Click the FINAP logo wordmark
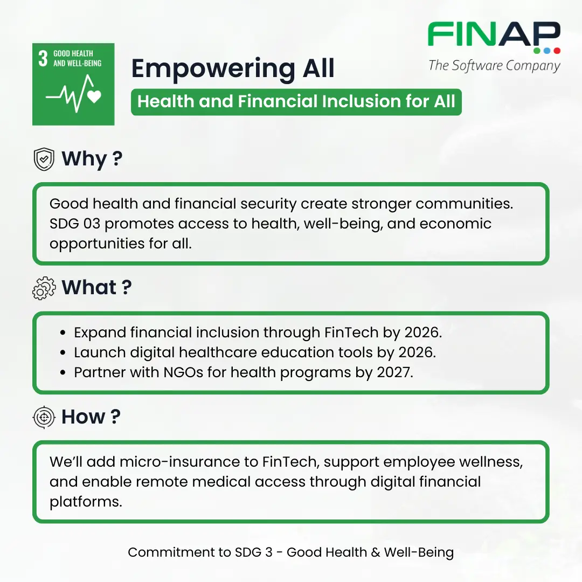pos(494,34)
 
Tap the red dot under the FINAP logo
pos(557,51)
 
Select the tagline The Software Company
pos(494,66)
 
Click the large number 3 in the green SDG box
pos(43,58)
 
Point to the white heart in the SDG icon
pos(94,96)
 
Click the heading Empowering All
pos(233,68)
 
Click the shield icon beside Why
pos(44,159)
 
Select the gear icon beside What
pos(44,288)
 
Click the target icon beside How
pos(44,417)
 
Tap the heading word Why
pos(84,159)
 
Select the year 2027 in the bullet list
pos(394,372)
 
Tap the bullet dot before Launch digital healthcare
pos(63,352)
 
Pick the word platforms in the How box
pos(86,502)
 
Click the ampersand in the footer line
pos(375,552)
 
